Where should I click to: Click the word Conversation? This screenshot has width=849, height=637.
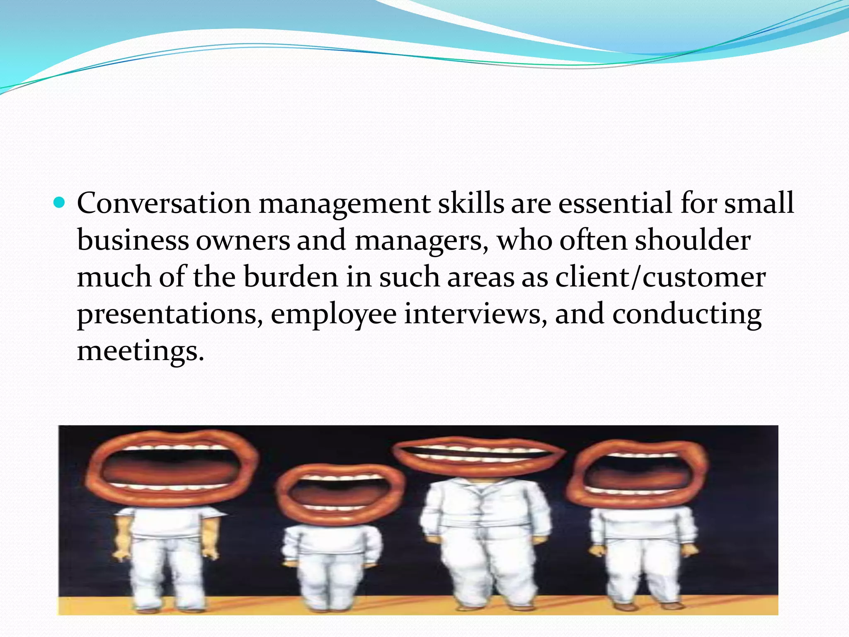[164, 203]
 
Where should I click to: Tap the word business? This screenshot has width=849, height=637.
[133, 240]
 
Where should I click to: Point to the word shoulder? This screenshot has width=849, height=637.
[693, 240]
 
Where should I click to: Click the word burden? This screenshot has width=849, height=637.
[291, 277]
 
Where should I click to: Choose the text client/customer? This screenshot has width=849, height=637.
[660, 277]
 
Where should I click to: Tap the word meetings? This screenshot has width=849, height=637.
[141, 351]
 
